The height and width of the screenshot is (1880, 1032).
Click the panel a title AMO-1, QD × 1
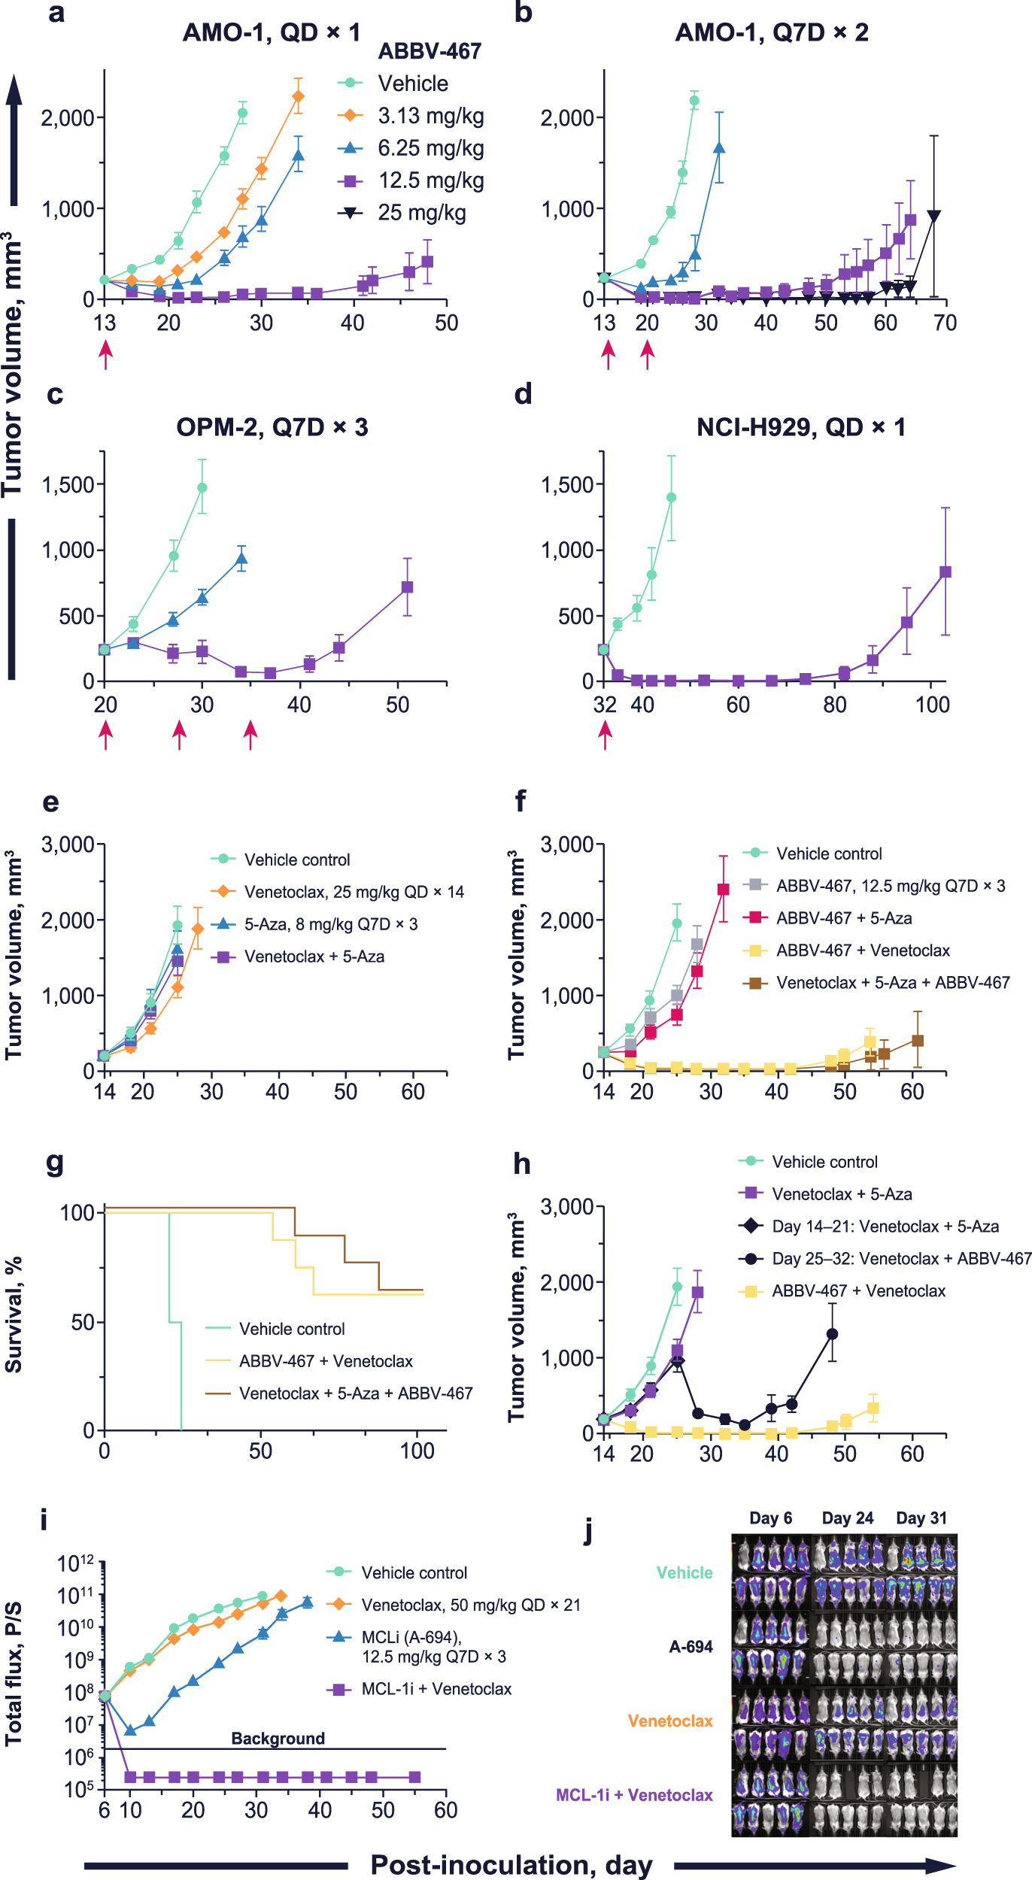coord(272,32)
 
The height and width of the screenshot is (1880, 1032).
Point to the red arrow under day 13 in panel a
coord(106,354)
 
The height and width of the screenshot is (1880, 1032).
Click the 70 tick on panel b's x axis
coord(945,323)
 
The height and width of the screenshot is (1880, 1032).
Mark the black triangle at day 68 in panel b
coord(934,217)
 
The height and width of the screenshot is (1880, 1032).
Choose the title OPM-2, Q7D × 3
coord(272,427)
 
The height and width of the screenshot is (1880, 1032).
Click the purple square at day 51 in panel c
coord(407,587)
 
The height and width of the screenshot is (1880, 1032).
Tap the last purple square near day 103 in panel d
coord(945,572)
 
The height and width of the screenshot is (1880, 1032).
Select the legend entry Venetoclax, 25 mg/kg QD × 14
coord(354,892)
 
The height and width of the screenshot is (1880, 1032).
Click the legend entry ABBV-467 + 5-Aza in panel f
coord(844,918)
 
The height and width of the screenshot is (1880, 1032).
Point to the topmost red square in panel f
coord(724,890)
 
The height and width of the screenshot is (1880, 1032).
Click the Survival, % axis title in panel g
coord(14,1314)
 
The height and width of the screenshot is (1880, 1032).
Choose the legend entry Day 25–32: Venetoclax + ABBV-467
coord(901,1259)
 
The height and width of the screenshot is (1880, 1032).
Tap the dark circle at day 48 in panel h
coord(832,1334)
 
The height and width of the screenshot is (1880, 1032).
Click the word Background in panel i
coord(278,1738)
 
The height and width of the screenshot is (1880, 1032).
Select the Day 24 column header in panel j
coord(848,1518)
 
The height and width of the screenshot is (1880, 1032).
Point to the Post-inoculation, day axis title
coord(511,1865)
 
